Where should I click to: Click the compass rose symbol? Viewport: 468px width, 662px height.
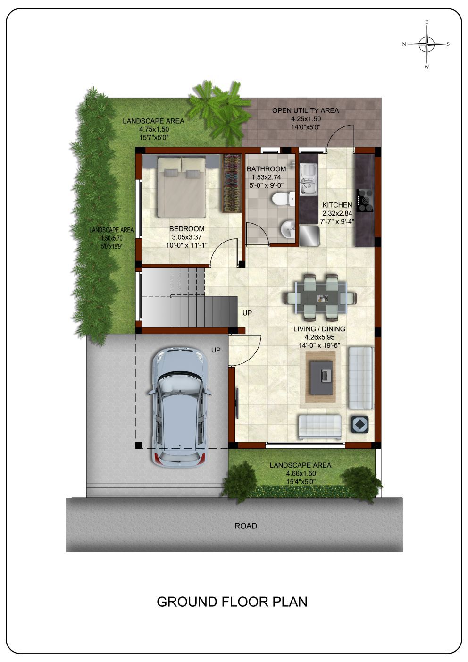(x=426, y=44)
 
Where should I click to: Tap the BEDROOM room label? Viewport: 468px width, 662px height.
(x=187, y=228)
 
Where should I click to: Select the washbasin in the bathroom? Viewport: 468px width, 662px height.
(x=287, y=229)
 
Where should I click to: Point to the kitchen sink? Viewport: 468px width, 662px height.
(x=308, y=179)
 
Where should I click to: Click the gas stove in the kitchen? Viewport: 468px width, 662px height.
(x=365, y=201)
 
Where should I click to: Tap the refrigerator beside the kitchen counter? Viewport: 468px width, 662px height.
(x=309, y=236)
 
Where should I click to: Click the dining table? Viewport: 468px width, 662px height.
(x=320, y=298)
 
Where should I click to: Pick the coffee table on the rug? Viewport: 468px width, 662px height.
(x=321, y=377)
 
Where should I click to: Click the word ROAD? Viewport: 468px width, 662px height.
(x=246, y=526)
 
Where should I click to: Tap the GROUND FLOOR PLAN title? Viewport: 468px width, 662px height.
(x=232, y=602)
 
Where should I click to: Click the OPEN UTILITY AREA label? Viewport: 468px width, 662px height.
(x=306, y=110)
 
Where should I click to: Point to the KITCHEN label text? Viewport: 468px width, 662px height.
(x=337, y=205)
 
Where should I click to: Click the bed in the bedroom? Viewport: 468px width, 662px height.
(x=182, y=186)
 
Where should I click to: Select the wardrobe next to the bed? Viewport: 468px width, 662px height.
(x=232, y=183)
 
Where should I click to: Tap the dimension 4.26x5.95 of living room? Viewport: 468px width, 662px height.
(x=319, y=337)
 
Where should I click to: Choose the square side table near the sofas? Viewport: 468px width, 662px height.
(x=359, y=424)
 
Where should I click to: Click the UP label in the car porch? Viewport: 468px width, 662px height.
(x=216, y=350)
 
